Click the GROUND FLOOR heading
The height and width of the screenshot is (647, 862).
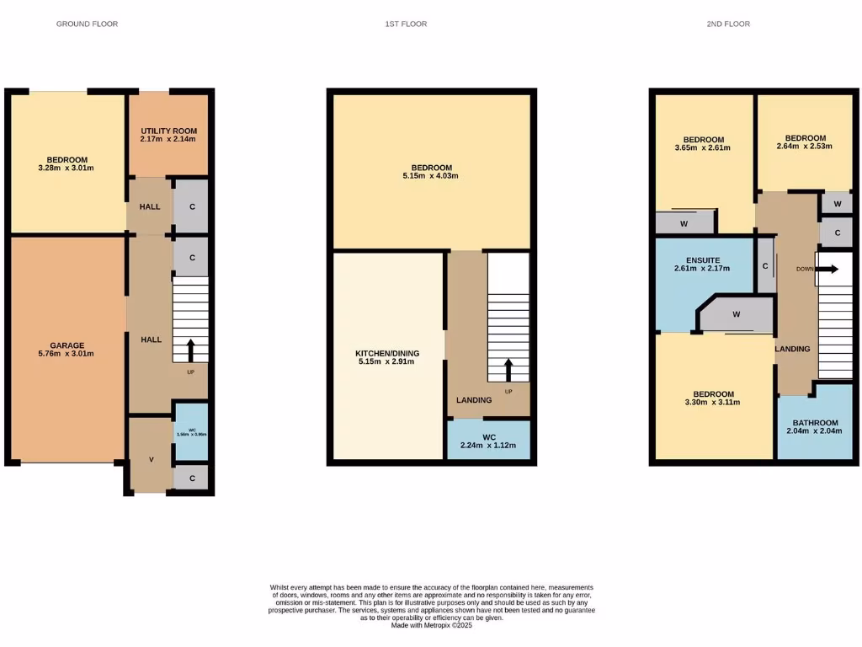point(87,24)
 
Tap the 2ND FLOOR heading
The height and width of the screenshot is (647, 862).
point(728,24)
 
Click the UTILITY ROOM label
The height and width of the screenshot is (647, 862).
point(168,131)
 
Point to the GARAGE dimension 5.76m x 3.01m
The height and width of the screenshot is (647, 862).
point(67,354)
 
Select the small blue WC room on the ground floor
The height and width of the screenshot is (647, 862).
point(191,432)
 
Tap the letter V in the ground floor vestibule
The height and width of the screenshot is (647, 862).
point(151,459)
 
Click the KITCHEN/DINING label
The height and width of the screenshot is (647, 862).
point(387,353)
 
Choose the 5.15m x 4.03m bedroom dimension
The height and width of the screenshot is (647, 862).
point(432,177)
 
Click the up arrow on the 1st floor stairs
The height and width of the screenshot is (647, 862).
point(508,369)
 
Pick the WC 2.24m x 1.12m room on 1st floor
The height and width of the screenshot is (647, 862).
point(488,441)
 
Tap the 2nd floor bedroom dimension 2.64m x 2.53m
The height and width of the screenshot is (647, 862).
point(804,146)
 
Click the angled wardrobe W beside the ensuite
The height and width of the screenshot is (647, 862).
point(736,314)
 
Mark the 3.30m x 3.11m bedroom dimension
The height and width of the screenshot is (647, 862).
point(712,402)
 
